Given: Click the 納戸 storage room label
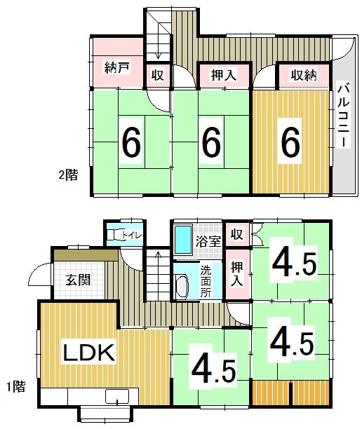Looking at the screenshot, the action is (117, 67).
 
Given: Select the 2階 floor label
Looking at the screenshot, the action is (69, 175).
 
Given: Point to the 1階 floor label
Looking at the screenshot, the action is (16, 387).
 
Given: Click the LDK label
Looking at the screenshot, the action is (89, 353).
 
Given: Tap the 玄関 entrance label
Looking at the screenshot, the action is (79, 280).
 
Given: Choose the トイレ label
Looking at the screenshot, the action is (132, 235).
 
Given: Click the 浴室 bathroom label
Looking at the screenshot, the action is (208, 241).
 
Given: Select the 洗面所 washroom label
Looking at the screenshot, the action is (206, 282).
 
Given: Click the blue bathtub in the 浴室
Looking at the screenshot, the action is (183, 240).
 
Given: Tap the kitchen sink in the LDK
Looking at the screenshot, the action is (117, 396).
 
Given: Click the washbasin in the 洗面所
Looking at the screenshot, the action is (182, 287).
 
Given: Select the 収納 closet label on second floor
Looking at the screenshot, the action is (304, 75).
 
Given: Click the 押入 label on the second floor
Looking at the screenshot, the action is (224, 75).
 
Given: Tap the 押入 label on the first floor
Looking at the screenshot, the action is (237, 273).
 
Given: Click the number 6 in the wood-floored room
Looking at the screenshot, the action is (290, 141).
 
